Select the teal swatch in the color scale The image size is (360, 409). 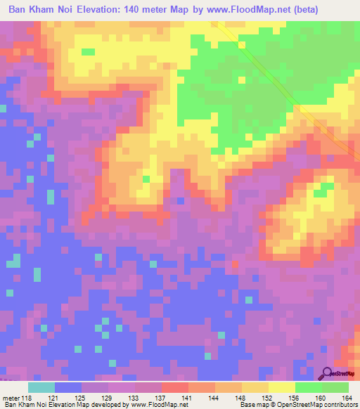[41, 387]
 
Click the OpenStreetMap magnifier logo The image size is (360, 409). [326, 373]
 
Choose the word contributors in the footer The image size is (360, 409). [337, 405]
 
